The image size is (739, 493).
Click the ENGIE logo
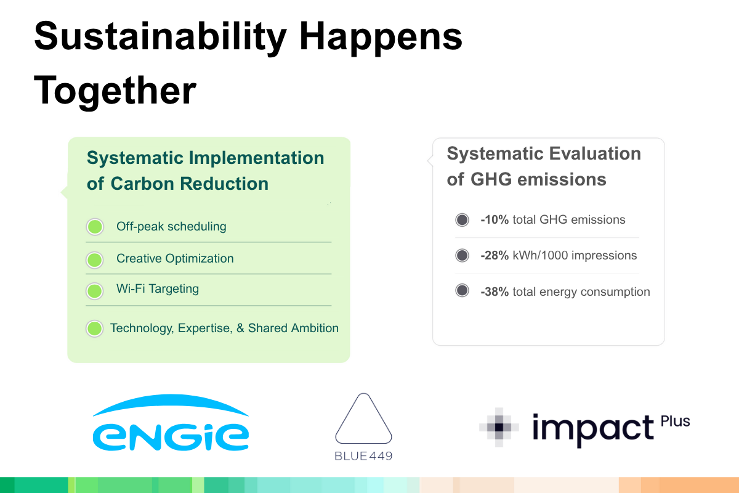coord(171,422)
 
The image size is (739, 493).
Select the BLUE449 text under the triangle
coord(363,456)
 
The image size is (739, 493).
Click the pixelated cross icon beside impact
coord(499,427)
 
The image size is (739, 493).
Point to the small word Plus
coord(675,422)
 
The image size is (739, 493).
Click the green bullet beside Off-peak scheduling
coord(95,227)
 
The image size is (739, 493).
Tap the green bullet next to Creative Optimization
coord(95,260)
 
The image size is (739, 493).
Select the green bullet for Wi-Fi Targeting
coord(95,291)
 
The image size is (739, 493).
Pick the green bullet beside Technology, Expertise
coord(95,328)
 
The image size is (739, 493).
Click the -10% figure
coord(495,219)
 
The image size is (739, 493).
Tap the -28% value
coord(495,256)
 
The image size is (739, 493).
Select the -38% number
coord(495,292)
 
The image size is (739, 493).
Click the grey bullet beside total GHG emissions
coord(462,219)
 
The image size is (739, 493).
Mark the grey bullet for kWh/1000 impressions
coord(462,255)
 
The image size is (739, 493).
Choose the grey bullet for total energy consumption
coord(462,291)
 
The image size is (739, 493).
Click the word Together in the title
coord(115,91)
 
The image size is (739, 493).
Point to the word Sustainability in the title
coord(160,38)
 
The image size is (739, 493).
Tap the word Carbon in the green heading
coord(142,184)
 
